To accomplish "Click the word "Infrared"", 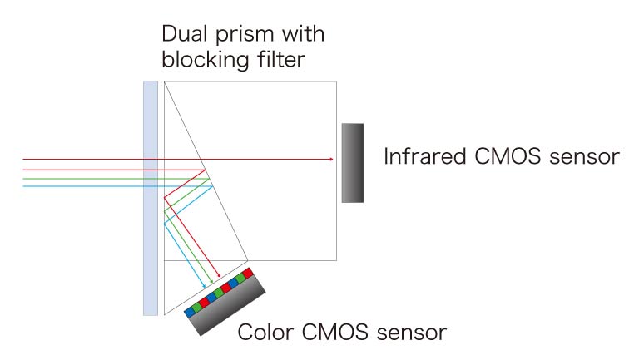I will point(423,157).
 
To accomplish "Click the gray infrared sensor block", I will point(352,162).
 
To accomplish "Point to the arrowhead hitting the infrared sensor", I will point(332,158).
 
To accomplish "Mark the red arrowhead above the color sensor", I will point(219,278).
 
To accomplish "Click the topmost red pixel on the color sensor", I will point(247,272).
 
